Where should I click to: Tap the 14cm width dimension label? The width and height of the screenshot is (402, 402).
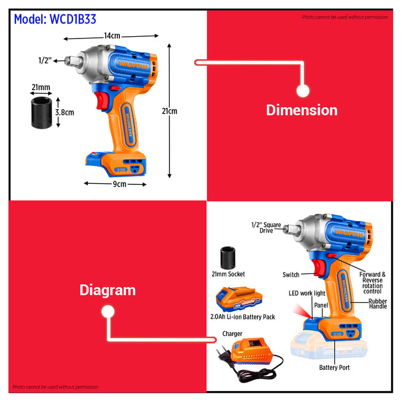point(112,36)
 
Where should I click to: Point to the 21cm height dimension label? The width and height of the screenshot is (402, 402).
point(169,111)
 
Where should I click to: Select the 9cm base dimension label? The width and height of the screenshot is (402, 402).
point(119,184)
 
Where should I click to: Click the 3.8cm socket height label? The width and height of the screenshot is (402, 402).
point(64,113)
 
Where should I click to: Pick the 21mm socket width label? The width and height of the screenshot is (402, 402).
point(41,87)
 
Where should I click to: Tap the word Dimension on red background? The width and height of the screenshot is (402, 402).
point(301,110)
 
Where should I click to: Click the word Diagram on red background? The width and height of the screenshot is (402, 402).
point(107,290)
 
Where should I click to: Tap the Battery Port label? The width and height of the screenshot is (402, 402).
point(335,366)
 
